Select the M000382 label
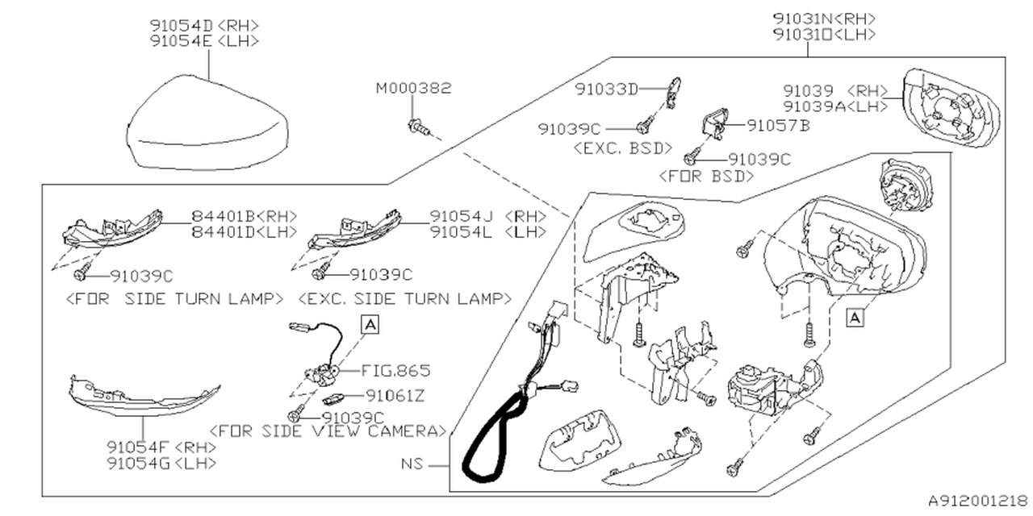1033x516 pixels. pos(413,88)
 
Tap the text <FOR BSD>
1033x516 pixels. pos(706,177)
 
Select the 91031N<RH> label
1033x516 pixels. pos(824,18)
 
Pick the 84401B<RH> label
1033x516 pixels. pos(245,216)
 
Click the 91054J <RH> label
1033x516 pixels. pos(487,216)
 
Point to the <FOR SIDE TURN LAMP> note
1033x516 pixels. pos(173,298)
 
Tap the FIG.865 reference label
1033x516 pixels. pos(396,371)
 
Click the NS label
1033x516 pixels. pos(412,465)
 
